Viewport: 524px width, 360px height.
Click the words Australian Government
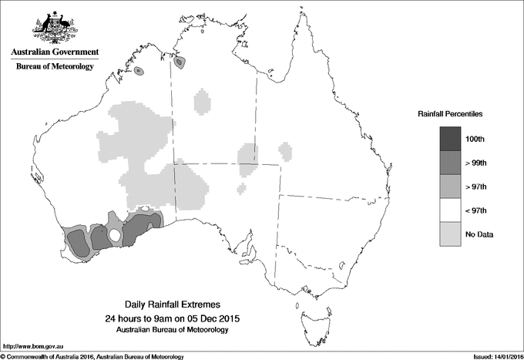[55, 52]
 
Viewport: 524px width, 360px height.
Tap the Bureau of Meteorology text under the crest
[55, 66]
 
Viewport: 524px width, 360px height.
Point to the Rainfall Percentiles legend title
[450, 114]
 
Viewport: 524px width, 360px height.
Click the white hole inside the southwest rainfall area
[114, 234]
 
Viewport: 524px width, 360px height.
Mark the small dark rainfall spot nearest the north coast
[180, 62]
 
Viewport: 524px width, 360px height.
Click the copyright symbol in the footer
[4, 355]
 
